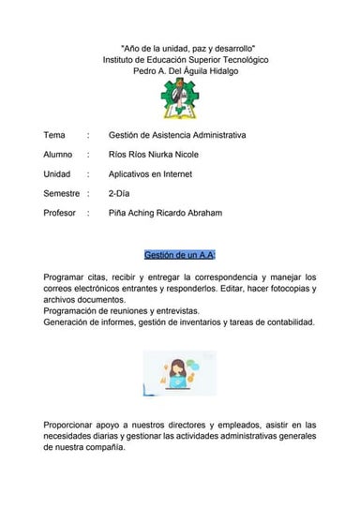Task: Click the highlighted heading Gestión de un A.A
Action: pyautogui.click(x=181, y=254)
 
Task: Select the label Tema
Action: pyautogui.click(x=54, y=135)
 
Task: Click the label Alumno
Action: pyautogui.click(x=58, y=155)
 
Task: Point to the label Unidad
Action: pyautogui.click(x=57, y=174)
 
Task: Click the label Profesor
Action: pyautogui.click(x=60, y=214)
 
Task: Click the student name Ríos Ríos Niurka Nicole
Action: pyautogui.click(x=167, y=155)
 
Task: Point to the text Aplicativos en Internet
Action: pyautogui.click(x=156, y=174)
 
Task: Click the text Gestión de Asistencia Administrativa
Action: pyautogui.click(x=177, y=135)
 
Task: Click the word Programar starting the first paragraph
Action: pyautogui.click(x=68, y=277)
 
